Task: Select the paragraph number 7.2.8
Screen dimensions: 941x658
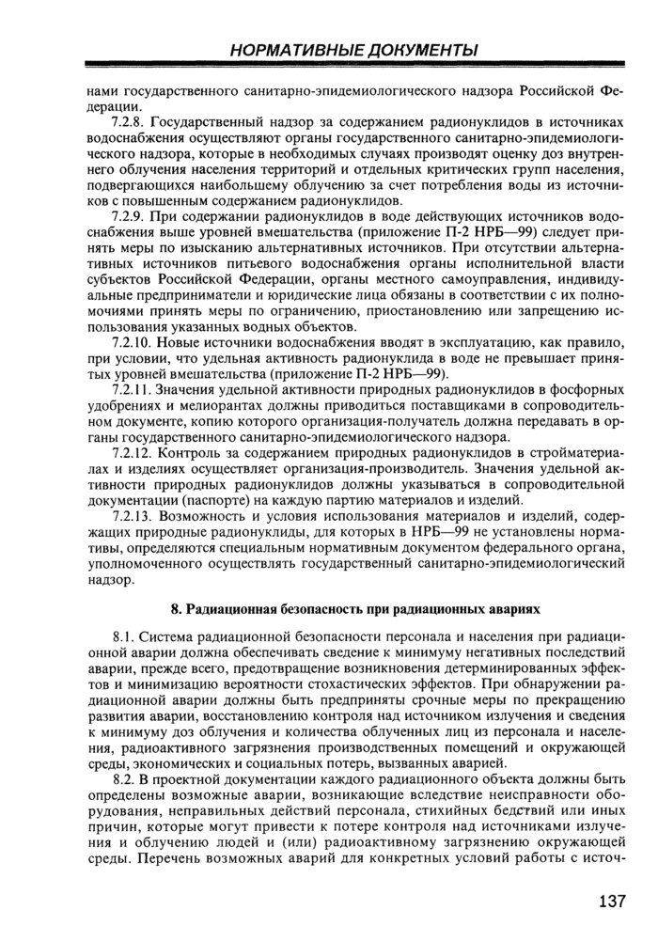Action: tap(128, 123)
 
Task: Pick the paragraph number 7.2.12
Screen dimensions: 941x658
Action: tap(131, 453)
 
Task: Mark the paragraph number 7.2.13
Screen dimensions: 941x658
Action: tap(131, 516)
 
